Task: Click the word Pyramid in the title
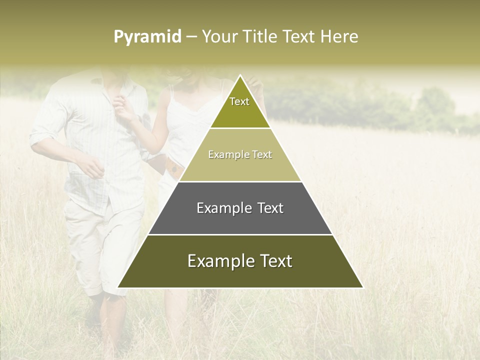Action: [147, 37]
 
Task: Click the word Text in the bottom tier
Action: [274, 261]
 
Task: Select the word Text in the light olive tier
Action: [262, 154]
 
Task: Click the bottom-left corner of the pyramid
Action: [118, 287]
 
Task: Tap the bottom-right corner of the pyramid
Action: [362, 287]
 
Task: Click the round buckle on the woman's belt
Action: [174, 169]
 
